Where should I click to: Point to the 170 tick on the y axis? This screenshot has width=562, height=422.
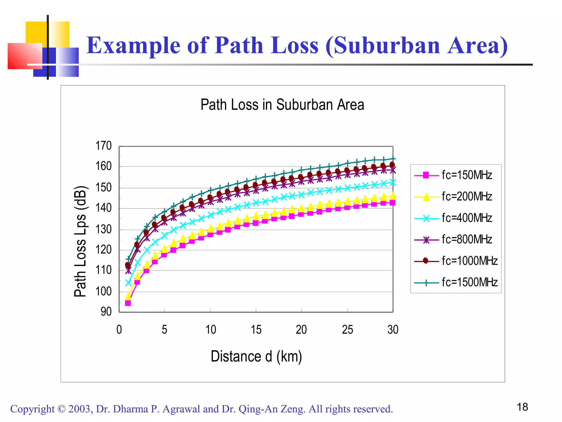103,146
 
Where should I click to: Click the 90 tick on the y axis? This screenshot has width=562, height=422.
106,312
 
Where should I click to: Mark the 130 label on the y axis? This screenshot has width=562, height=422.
103,229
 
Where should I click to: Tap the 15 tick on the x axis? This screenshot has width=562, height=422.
256,330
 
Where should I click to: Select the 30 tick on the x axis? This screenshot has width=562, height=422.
393,330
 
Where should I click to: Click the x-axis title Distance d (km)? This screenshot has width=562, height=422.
256,356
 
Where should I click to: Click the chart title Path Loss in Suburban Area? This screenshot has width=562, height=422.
282,105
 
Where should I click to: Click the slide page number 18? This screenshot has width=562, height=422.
522,407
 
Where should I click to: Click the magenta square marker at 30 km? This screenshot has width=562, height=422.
392,203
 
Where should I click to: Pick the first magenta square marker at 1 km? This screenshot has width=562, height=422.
128,303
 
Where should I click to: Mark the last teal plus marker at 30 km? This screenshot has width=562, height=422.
393,159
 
